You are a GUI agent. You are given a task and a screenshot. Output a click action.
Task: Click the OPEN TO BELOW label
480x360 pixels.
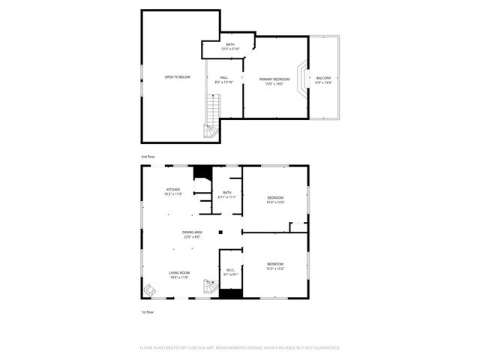[x=178, y=77]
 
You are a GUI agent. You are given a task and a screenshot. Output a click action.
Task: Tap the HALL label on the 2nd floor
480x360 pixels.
[x=223, y=77]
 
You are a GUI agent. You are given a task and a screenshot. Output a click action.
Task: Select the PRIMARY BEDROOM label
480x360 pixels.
[x=274, y=79]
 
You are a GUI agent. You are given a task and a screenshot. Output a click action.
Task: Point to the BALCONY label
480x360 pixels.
[x=324, y=78]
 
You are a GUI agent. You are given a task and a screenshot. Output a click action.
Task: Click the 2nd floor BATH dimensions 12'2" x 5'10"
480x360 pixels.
[x=229, y=49]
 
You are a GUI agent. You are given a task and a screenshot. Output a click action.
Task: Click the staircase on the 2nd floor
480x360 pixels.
[x=213, y=116]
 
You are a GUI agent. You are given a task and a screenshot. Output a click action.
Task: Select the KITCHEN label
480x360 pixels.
[x=173, y=190]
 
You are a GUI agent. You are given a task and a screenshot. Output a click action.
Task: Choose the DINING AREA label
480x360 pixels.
[x=192, y=232]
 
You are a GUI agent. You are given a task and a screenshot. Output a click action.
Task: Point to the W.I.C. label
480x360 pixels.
[x=230, y=271]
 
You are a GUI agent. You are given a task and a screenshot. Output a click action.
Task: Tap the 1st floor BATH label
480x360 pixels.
[x=227, y=193]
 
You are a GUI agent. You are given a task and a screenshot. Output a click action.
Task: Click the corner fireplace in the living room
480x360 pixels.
[x=149, y=290]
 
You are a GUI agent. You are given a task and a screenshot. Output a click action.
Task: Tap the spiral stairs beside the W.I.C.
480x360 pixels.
[x=209, y=287]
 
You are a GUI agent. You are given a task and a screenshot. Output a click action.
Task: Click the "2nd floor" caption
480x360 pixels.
[x=148, y=157]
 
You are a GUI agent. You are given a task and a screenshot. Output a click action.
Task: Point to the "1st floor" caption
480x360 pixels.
[x=148, y=311]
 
